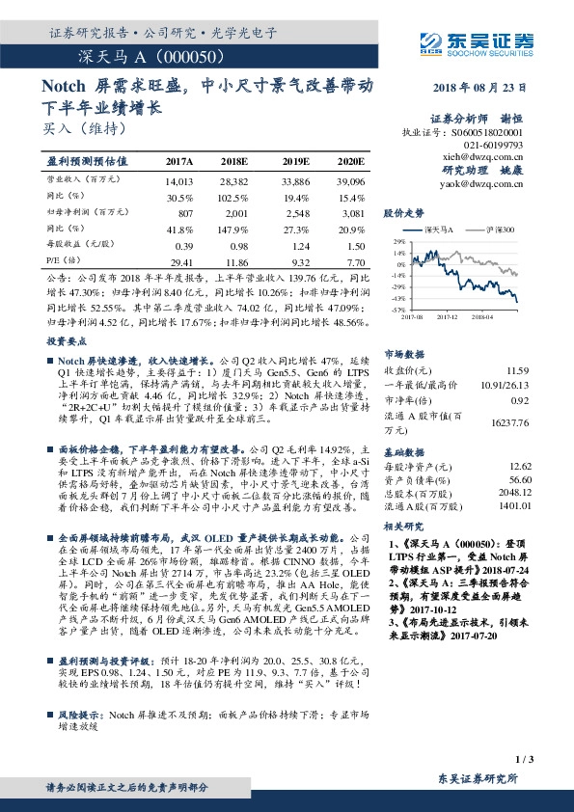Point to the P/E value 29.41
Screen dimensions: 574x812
coord(180,261)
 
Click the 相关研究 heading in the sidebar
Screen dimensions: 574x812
coord(404,528)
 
